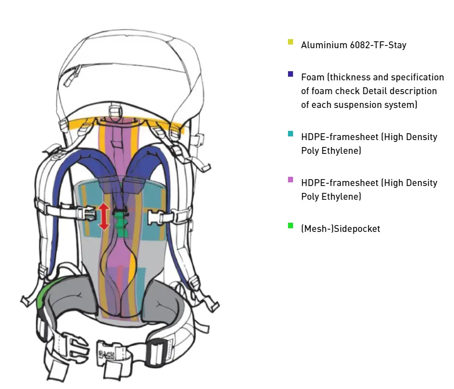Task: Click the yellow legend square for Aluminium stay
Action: pyautogui.click(x=290, y=42)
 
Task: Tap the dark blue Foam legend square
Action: pyautogui.click(x=290, y=74)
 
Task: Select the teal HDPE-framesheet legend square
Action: pyautogui.click(x=290, y=134)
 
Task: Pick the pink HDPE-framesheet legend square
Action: pyautogui.click(x=290, y=180)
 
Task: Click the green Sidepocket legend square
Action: pyautogui.click(x=290, y=226)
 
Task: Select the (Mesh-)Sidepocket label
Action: pyautogui.click(x=340, y=229)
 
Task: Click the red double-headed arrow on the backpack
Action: pyautogui.click(x=104, y=216)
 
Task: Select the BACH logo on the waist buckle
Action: pyautogui.click(x=107, y=354)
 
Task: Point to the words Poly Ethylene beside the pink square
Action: pyautogui.click(x=331, y=197)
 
